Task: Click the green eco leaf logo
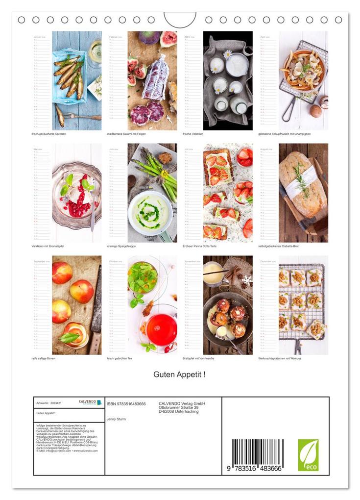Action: pyautogui.click(x=308, y=455)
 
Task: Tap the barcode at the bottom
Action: pyautogui.click(x=257, y=454)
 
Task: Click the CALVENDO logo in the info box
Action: pyautogui.click(x=90, y=402)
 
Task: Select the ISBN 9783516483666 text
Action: pyautogui.click(x=126, y=404)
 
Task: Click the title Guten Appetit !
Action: pyautogui.click(x=179, y=375)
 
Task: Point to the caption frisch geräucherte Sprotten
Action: pyautogui.click(x=49, y=134)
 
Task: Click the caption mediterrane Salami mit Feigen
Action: pyautogui.click(x=127, y=134)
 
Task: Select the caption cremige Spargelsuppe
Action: pyautogui.click(x=122, y=246)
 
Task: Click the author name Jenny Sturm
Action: pyautogui.click(x=116, y=419)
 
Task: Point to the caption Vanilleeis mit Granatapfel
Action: pyautogui.click(x=49, y=246)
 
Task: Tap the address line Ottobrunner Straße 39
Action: pyautogui.click(x=178, y=407)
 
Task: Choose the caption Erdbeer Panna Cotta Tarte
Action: pyautogui.click(x=203, y=246)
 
